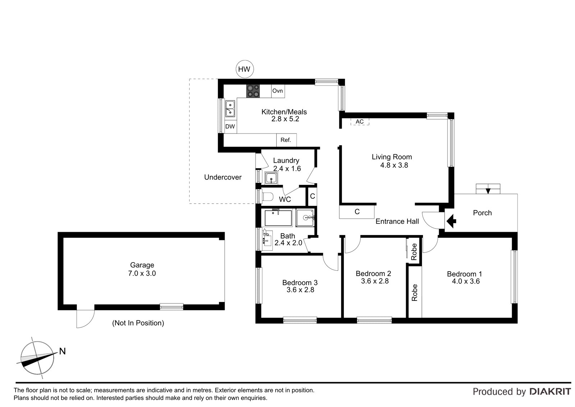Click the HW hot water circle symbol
click(244, 69)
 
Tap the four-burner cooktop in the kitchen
click(253, 91)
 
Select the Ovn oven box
click(278, 91)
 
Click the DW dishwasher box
click(230, 126)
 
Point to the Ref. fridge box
click(286, 140)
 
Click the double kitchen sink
click(230, 109)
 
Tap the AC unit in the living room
click(360, 122)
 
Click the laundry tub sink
click(271, 178)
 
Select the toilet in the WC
click(267, 197)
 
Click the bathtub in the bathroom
click(278, 218)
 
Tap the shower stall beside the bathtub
click(305, 218)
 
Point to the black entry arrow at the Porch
click(451, 221)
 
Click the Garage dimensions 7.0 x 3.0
click(142, 273)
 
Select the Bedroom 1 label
click(464, 274)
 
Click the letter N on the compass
click(63, 351)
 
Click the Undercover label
click(223, 177)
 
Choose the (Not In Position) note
click(138, 323)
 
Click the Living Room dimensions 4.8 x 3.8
click(394, 165)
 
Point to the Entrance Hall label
click(397, 221)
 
